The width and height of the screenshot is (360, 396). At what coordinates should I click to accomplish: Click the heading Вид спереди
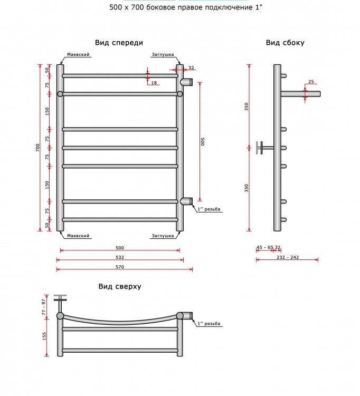(x=119, y=43)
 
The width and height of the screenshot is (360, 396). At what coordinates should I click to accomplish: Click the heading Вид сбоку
(x=285, y=43)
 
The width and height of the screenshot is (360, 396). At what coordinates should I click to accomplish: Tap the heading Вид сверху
(x=120, y=286)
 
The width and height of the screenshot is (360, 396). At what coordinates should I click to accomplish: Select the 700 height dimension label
(x=37, y=148)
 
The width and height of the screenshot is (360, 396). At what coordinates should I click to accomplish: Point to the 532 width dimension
(x=120, y=257)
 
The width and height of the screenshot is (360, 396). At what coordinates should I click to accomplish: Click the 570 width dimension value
(x=120, y=267)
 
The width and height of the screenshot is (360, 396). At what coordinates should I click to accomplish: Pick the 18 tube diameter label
(x=154, y=83)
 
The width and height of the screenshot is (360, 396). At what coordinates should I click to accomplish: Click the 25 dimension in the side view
(x=311, y=81)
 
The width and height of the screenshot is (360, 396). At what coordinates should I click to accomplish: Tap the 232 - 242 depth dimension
(x=288, y=257)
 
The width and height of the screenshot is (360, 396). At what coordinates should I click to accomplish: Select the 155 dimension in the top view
(x=44, y=336)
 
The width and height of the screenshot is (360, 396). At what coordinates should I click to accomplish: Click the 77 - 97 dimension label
(x=44, y=307)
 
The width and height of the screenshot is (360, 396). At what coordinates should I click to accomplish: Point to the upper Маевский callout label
(x=78, y=54)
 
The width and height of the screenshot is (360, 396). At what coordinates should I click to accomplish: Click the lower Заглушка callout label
(x=163, y=236)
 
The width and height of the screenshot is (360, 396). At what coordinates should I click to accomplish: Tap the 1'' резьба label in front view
(x=209, y=209)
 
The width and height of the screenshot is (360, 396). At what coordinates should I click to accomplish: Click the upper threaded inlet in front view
(x=186, y=82)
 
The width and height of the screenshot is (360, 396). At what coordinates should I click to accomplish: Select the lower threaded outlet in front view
(x=186, y=201)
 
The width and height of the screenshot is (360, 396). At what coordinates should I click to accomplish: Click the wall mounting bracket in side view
(x=264, y=148)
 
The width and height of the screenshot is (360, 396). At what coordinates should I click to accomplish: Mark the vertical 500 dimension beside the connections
(x=203, y=141)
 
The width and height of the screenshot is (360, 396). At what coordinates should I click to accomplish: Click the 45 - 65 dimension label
(x=265, y=247)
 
